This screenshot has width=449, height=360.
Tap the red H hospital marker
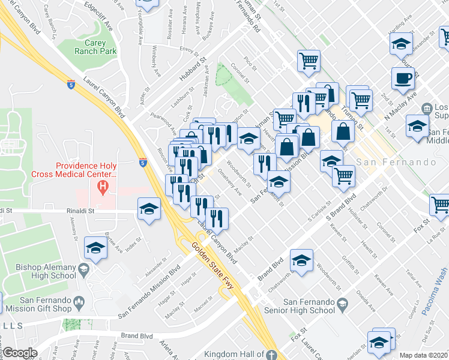point(104,187)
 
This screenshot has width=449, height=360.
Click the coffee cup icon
point(403,78)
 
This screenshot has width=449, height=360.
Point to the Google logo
point(20,353)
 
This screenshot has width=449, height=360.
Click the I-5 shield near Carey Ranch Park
point(71,84)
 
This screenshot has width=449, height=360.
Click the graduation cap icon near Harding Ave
point(402,44)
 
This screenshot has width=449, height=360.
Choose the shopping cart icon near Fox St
point(441,205)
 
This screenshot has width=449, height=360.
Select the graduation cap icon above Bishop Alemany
point(95,247)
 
